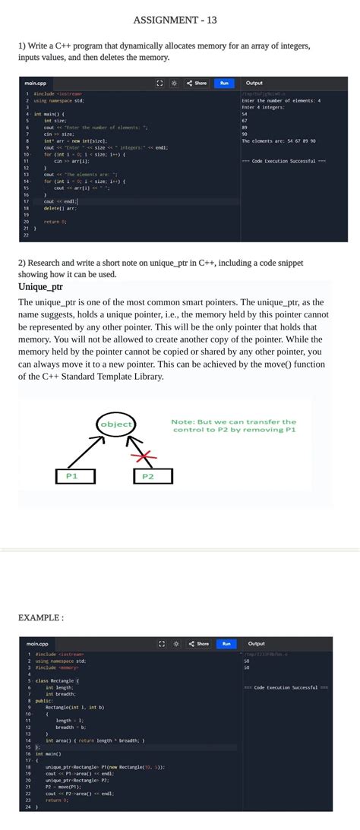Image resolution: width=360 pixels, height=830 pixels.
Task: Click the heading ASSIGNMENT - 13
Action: pyautogui.click(x=180, y=20)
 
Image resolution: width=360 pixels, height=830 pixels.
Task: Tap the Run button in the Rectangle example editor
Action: pyautogui.click(x=224, y=644)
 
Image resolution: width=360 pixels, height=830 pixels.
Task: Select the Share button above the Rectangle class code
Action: pyautogui.click(x=199, y=644)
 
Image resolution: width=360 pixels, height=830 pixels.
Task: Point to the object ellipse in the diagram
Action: pyautogui.click(x=115, y=424)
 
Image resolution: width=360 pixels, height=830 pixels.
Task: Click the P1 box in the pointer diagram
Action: pyautogui.click(x=73, y=476)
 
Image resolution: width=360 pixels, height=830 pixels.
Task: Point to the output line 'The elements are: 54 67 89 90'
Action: pyautogui.click(x=279, y=140)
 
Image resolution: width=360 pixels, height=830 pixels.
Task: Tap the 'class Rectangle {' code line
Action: pyautogui.click(x=58, y=680)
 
